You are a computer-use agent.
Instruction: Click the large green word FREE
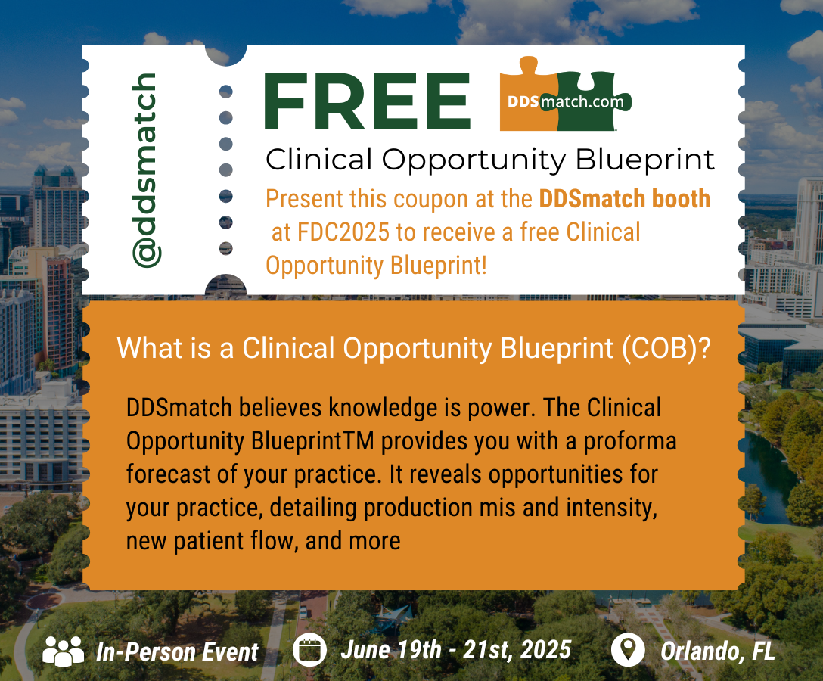[x=368, y=101]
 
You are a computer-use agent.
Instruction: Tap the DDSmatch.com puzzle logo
[x=565, y=95]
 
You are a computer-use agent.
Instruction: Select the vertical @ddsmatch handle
[x=146, y=170]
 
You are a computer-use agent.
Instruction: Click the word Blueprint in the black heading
[x=645, y=160]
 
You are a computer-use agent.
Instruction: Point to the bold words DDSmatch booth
[x=625, y=198]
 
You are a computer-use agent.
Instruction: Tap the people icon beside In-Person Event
[x=63, y=651]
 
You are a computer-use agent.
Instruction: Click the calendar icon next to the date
[x=309, y=650]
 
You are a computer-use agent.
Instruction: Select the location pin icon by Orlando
[x=628, y=650]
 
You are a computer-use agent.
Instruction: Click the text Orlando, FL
[x=718, y=651]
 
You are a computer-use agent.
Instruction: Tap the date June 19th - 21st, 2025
[x=455, y=650]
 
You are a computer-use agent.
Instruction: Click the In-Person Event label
[x=177, y=652]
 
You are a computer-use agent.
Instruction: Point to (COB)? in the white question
[x=666, y=348]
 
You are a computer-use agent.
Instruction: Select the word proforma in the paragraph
[x=630, y=442]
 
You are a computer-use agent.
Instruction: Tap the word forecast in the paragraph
[x=168, y=474]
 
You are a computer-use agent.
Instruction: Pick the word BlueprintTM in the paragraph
[x=312, y=441]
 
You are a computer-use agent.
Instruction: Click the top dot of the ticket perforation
[x=225, y=92]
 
